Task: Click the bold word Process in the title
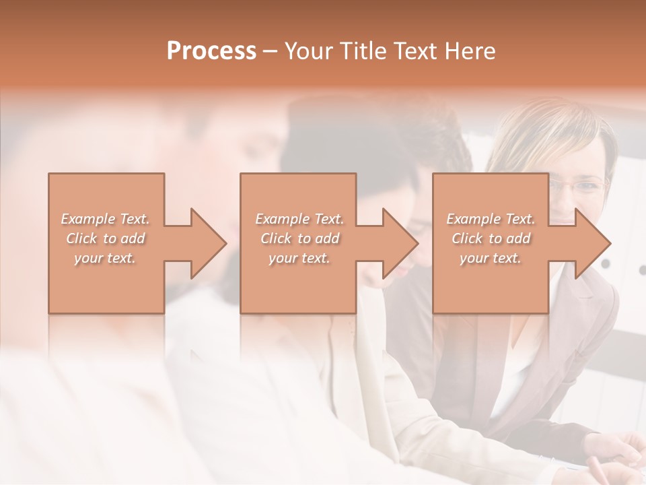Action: [211, 51]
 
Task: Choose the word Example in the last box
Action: [473, 219]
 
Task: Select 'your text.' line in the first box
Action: [105, 258]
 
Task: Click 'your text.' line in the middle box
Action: [299, 258]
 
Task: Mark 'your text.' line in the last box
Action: [490, 258]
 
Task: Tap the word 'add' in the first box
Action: [133, 238]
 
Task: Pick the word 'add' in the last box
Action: [518, 238]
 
